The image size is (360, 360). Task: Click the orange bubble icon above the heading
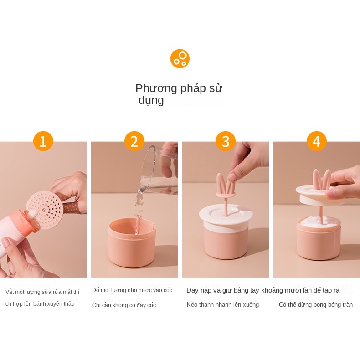point(180,58)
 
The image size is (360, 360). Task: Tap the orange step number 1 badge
point(43,141)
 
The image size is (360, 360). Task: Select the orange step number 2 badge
point(134,141)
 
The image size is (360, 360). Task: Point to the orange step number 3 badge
point(226,141)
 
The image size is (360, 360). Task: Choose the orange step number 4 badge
point(317,141)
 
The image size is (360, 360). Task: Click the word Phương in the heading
point(156,88)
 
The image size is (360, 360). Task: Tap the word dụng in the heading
point(151,100)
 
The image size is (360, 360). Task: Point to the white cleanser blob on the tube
point(32,215)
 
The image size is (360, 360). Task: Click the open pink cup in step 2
point(132,243)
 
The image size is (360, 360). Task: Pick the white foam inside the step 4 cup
point(318,222)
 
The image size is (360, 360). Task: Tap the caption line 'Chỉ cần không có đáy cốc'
point(124,305)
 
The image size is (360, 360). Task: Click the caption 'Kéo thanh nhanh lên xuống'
point(223,305)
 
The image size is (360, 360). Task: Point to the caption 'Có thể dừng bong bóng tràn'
point(316,305)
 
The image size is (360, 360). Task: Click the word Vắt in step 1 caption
point(10,292)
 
